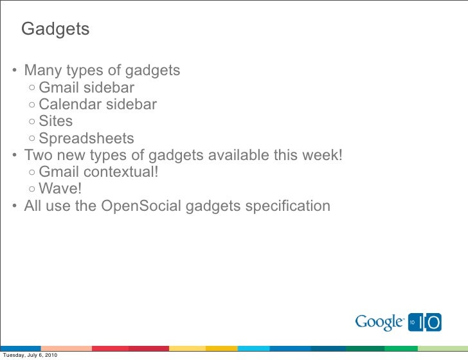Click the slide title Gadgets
tap(55, 30)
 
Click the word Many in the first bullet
tap(40, 70)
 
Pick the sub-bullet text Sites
tap(56, 122)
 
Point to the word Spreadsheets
tap(86, 139)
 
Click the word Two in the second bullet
tap(37, 156)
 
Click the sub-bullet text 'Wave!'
tap(60, 189)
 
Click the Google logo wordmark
tap(379, 321)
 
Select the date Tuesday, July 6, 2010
tap(30, 355)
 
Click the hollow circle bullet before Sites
tap(32, 122)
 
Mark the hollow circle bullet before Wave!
tap(32, 190)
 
